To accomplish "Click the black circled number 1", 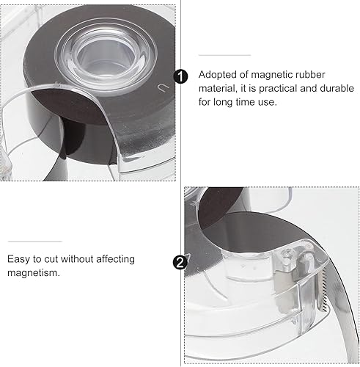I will pyautogui.click(x=180, y=77).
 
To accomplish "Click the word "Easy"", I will pyautogui.click(x=21, y=258).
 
